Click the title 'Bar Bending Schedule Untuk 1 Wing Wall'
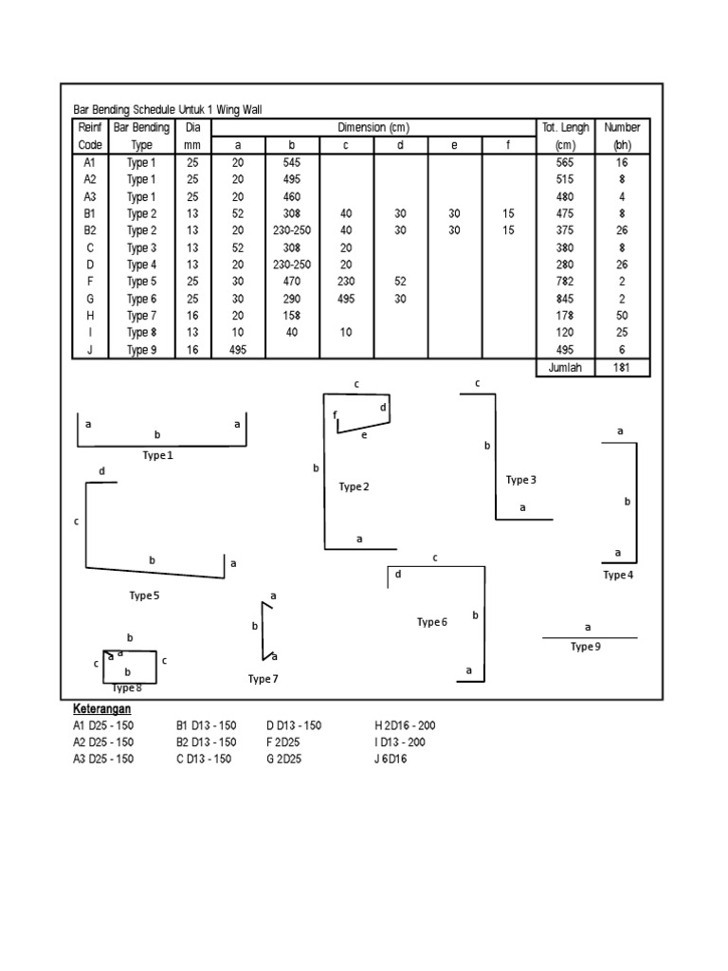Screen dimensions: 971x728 pos(167,110)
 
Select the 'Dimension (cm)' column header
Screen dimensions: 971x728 pos(373,128)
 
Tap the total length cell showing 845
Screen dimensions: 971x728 pos(566,299)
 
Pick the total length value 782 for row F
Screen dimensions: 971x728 pos(566,282)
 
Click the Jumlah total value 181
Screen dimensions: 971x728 pos(622,368)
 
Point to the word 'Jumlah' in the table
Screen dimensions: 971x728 pos(566,368)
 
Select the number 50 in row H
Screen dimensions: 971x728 pos(622,316)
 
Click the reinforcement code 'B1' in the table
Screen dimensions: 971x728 pos(91,213)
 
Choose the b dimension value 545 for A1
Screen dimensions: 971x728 pos(293,162)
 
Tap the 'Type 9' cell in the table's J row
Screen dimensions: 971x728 pos(141,350)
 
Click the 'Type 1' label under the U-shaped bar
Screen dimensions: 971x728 pos(158,455)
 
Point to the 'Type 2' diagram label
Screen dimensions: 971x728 pos(354,486)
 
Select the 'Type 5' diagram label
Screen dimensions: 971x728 pos(145,595)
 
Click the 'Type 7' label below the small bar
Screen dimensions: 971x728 pos(264,679)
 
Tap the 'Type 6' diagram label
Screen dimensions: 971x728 pos(431,622)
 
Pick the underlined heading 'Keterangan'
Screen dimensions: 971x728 pos(101,708)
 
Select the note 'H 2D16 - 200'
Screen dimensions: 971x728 pos(406,725)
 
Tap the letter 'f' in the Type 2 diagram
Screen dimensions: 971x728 pos(335,414)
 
